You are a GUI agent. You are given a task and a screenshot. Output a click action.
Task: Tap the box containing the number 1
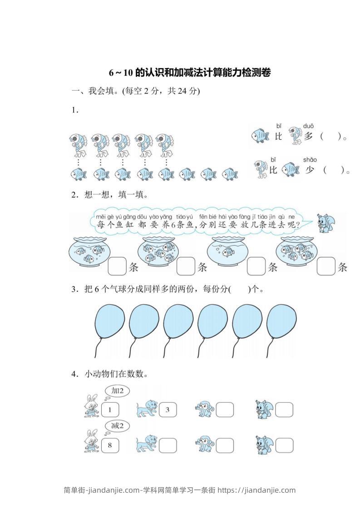tap(109, 410)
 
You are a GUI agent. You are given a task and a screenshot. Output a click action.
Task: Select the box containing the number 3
tap(167, 410)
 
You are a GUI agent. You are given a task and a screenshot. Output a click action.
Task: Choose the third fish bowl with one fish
tap(226, 252)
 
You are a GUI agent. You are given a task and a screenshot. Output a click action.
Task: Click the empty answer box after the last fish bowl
tap(325, 266)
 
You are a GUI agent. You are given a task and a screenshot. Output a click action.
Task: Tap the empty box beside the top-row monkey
tap(224, 410)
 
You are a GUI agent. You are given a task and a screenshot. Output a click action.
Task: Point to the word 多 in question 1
tap(309, 136)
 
